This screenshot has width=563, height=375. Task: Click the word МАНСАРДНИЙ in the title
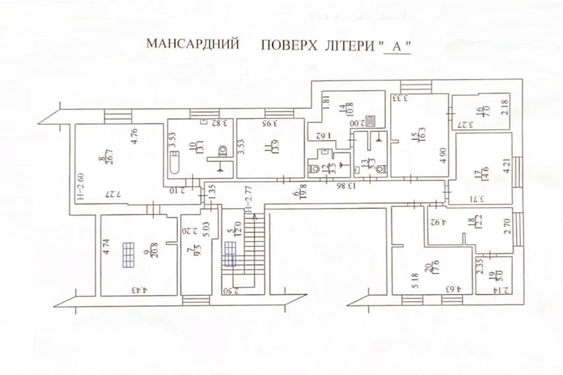193,45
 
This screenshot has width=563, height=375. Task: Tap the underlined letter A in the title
396,46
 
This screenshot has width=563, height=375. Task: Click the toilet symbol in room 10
222,150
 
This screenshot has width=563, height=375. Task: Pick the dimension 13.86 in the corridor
345,186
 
